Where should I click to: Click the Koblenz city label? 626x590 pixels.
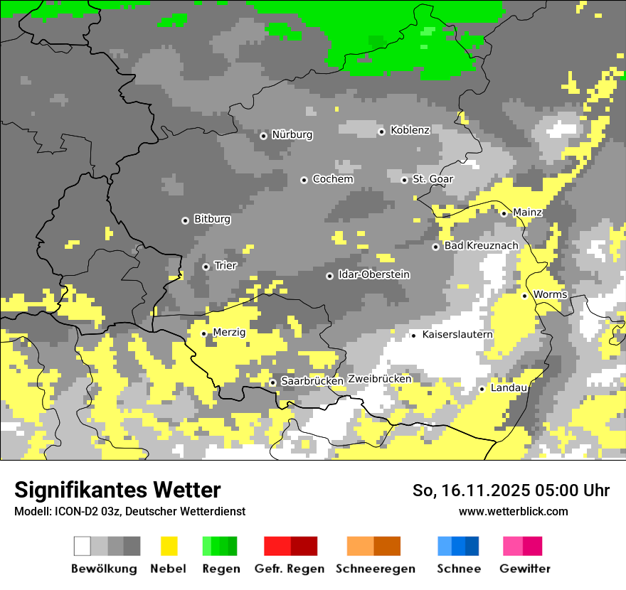(x=410, y=130)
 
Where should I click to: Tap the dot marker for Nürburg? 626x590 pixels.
(x=263, y=135)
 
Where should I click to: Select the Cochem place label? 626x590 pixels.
(x=333, y=179)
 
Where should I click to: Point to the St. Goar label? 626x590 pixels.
(x=433, y=179)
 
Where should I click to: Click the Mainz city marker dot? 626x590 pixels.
(x=504, y=213)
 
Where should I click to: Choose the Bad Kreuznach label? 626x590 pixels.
(x=481, y=246)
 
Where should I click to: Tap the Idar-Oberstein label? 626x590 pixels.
(x=374, y=275)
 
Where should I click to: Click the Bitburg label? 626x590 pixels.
(x=212, y=220)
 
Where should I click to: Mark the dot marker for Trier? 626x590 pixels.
(x=206, y=267)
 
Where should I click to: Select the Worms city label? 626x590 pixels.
(x=550, y=295)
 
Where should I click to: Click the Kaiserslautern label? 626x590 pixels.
(x=457, y=335)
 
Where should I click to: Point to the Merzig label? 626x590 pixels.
(x=229, y=333)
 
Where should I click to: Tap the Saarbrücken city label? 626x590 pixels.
(x=312, y=382)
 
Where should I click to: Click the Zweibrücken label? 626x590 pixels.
(x=380, y=380)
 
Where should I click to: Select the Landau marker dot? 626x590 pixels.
(x=482, y=389)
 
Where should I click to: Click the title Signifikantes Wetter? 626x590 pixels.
(x=117, y=490)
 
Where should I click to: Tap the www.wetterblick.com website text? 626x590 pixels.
(x=513, y=512)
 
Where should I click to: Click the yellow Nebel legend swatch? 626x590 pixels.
(x=169, y=546)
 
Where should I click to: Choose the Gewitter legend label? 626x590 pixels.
(x=525, y=569)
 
